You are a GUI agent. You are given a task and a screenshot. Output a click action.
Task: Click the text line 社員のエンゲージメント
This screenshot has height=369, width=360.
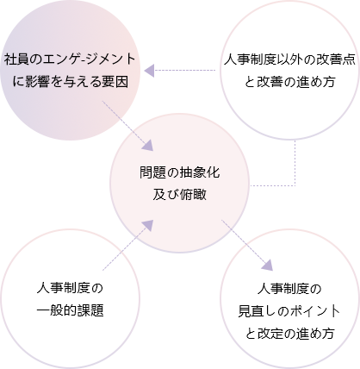click(70, 59)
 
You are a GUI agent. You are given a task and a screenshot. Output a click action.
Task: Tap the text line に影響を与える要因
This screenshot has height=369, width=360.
click(70, 82)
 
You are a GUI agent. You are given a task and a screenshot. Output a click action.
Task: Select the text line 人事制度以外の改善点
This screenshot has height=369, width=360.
click(289, 59)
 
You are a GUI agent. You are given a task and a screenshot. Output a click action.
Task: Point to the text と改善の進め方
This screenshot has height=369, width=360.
click(290, 82)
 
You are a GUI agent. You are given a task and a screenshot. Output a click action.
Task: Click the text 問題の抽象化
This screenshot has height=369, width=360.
click(180, 172)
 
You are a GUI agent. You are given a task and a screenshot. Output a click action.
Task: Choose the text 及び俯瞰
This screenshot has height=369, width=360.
click(180, 195)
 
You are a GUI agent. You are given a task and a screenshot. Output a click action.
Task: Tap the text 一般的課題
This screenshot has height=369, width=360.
click(70, 310)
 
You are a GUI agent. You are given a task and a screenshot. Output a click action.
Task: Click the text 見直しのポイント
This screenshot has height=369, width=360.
click(289, 311)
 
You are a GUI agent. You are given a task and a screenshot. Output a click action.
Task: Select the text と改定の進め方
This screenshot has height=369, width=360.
click(290, 334)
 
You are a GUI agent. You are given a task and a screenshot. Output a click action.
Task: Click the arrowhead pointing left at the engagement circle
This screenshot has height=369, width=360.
click(149, 71)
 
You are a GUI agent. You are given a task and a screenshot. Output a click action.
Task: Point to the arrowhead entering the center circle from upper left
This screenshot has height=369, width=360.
click(148, 146)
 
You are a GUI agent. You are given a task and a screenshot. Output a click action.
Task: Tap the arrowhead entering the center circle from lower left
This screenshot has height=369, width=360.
click(147, 226)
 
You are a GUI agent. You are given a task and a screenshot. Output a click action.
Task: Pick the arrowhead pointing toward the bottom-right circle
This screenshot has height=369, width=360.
click(267, 265)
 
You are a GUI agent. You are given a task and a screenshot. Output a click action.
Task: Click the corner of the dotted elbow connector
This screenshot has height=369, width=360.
click(295, 185)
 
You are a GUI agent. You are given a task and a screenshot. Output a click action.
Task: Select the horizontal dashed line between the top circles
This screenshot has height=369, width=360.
click(185, 70)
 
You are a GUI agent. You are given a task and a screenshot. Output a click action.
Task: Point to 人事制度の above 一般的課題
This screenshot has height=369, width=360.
click(70, 288)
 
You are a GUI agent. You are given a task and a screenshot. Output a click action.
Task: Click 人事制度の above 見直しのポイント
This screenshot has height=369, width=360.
click(289, 289)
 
